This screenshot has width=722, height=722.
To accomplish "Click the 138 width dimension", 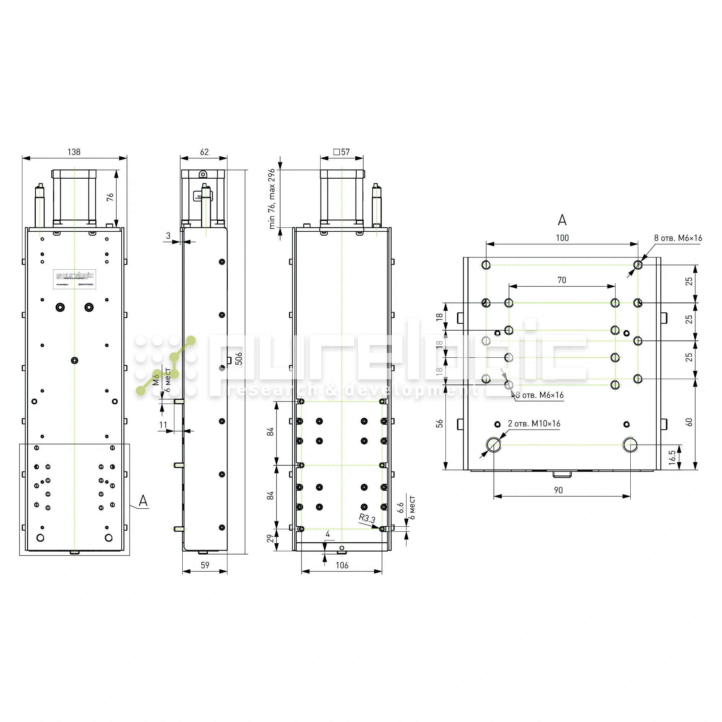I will coord(74,152).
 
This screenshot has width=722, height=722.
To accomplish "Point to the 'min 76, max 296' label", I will coord(272,199).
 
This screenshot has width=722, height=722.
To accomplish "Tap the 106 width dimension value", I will coord(342,565).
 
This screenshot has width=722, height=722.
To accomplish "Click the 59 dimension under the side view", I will coord(205,565).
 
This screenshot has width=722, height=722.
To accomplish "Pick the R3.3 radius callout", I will coord(367,518).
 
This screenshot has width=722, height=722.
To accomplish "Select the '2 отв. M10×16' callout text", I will coord(534,424).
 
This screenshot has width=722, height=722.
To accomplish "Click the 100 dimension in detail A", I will coord(562,238).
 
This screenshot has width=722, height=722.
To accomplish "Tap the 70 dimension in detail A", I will coord(562,280).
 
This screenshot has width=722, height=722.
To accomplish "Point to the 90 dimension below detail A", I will coord(558,490).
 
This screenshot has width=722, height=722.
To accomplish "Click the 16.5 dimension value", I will coord(673,457).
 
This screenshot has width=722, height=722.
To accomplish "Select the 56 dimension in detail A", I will coord(439,424).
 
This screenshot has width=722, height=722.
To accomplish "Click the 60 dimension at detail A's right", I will coord(689,422).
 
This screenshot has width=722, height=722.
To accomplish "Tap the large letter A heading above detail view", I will coord(562,221).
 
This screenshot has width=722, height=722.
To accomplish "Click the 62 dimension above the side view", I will coord(204,152).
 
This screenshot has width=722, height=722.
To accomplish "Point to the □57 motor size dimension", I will coord(342,152).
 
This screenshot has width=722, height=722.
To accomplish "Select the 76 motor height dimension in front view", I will coord(110,197).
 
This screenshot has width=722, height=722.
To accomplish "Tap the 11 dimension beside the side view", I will coord(163,425).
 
